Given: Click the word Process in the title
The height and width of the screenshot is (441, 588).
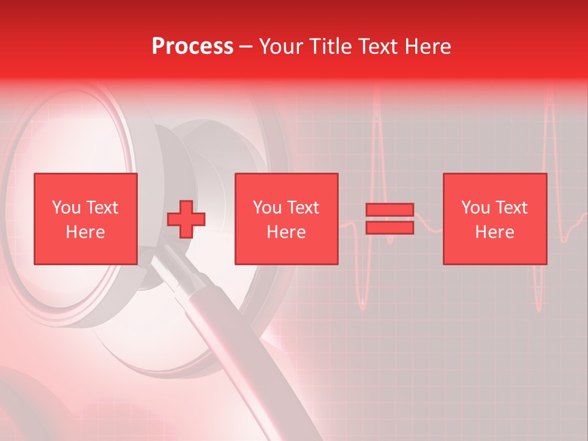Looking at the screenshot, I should pos(192,47).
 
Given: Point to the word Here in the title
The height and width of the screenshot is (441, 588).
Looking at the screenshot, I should pos(429,47).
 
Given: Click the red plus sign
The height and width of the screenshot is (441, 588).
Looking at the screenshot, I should pos(186,219).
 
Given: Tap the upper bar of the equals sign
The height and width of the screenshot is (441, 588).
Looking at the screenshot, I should pos(390,210).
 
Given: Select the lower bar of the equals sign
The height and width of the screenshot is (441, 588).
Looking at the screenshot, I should pos(390,227).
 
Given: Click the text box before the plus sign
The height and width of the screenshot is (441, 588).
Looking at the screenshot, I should pos(85,219).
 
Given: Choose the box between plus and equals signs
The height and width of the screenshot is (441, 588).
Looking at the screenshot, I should pos(286,219).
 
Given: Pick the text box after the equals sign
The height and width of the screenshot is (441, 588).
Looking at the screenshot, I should pos(494,219).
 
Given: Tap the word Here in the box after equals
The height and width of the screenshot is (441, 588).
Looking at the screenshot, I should pos(494,232).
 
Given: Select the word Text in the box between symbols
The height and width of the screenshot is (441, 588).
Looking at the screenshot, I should pos(303,208).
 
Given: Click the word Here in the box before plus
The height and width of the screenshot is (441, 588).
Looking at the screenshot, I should pos(85,232).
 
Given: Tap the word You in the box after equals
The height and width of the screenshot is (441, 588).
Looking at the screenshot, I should pos(475,208).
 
